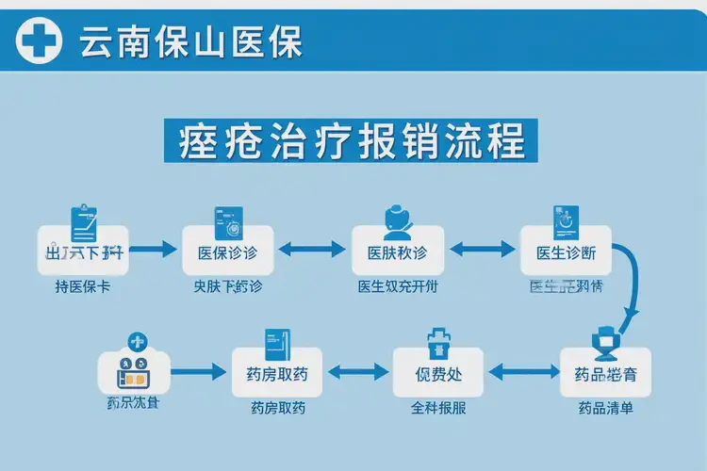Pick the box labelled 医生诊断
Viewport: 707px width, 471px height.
point(566,252)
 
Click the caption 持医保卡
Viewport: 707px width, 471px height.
point(82,287)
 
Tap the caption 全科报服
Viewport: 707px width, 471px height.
point(438,409)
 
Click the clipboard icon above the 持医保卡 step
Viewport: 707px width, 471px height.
point(86,221)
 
